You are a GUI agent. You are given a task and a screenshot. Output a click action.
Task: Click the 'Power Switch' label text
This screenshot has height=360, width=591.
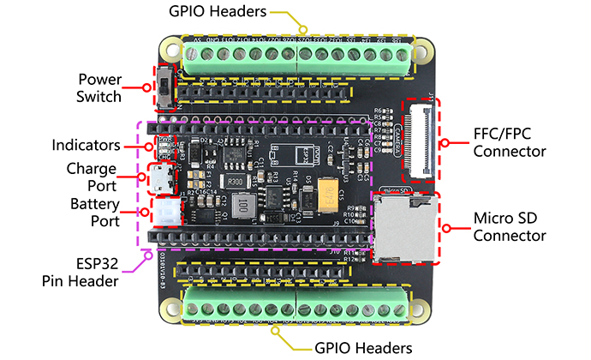(98, 87)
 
